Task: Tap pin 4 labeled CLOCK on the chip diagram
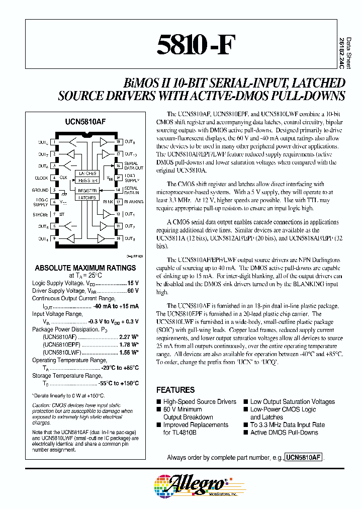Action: [54, 178]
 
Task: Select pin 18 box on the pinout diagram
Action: [118, 142]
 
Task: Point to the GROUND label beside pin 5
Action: [41, 190]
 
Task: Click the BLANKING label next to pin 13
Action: [133, 202]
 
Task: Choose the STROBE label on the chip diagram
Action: [40, 214]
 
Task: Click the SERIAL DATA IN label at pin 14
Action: [132, 190]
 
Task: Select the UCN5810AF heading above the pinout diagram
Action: [84, 122]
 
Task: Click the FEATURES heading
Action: [175, 390]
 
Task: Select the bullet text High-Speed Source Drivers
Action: [200, 402]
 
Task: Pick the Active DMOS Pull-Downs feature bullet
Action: [284, 433]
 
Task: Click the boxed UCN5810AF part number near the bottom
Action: [303, 458]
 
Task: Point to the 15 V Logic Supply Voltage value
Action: [133, 284]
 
